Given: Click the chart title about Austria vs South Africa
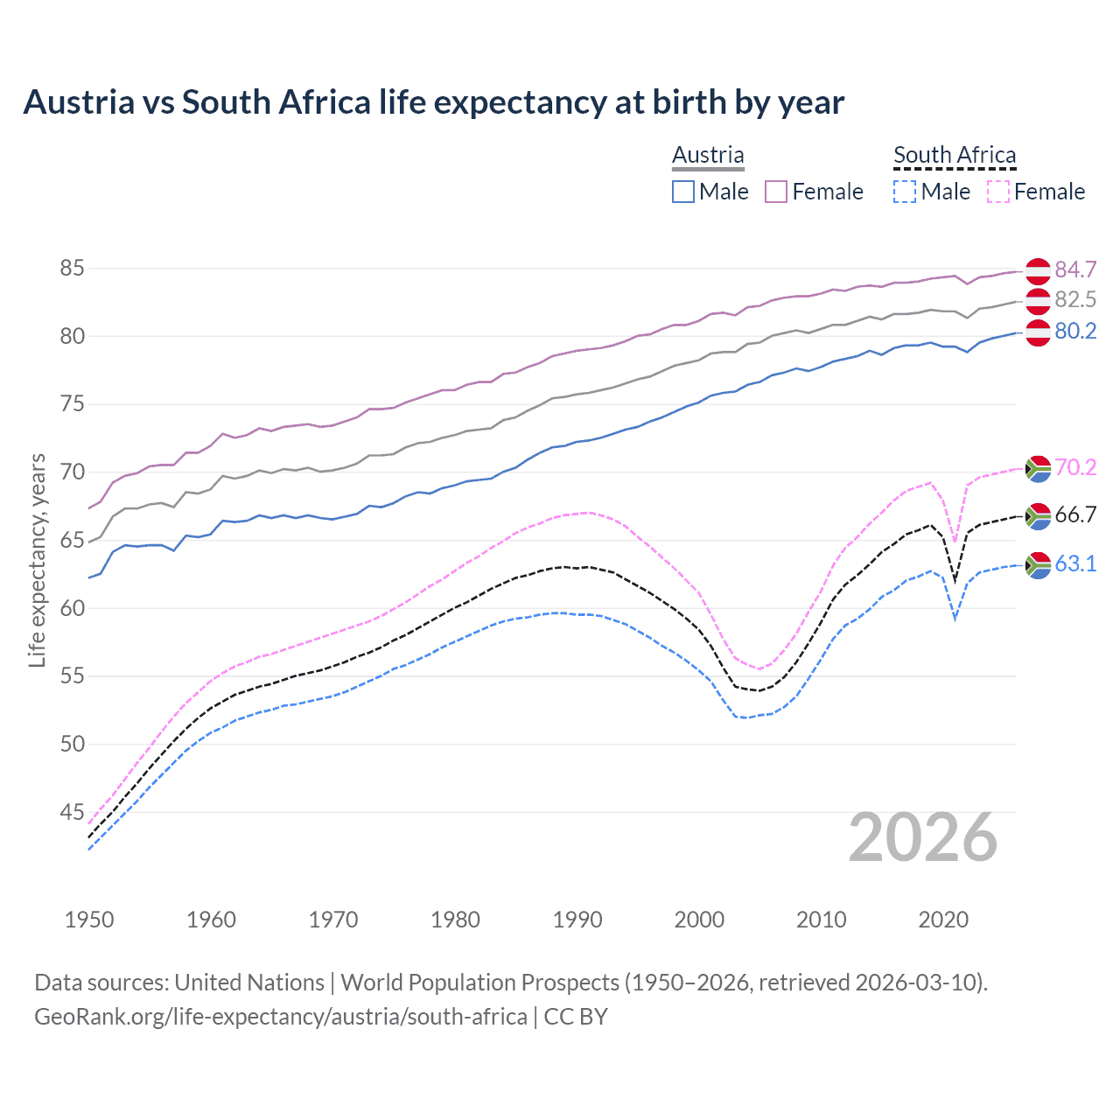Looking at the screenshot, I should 433,102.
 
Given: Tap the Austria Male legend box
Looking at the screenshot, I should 683,192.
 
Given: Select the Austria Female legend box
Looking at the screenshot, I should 776,192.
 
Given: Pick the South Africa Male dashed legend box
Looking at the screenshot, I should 905,192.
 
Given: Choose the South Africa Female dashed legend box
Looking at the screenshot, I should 997,192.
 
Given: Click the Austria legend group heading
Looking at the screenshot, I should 708,155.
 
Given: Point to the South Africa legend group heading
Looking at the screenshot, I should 955,155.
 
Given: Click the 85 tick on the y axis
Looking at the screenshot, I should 72,269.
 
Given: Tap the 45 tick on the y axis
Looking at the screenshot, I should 72,813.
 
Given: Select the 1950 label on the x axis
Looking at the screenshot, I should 89,920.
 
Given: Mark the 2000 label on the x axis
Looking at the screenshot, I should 699,920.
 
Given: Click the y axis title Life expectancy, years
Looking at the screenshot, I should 38,560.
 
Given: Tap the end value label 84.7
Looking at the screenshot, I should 1075,269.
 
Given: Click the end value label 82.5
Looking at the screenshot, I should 1075,300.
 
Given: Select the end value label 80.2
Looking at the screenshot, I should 1075,331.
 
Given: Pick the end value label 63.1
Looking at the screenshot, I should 1075,564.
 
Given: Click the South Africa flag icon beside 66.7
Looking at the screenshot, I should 1038,516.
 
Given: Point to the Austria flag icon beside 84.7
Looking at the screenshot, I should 1038,271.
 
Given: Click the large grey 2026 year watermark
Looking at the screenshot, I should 923,837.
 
